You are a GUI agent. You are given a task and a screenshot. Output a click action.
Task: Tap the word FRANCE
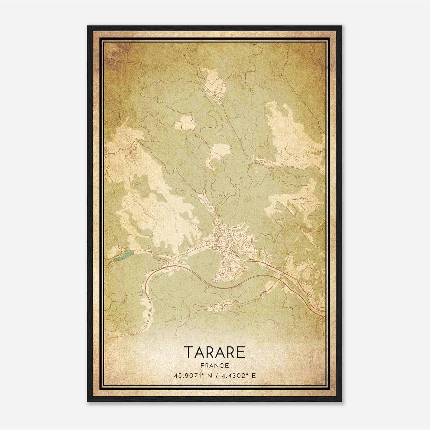[215, 365]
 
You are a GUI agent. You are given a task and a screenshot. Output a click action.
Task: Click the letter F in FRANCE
[202, 365]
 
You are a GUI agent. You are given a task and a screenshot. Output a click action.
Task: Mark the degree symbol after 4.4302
[246, 374]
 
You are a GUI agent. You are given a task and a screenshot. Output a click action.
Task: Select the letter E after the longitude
[253, 375]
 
